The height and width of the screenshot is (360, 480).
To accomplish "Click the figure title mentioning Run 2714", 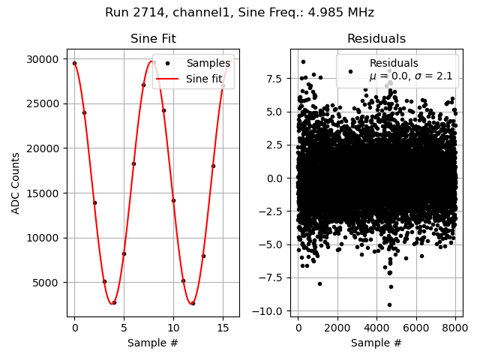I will (x=239, y=13).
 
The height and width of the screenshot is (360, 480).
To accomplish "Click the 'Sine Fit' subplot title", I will (x=153, y=39).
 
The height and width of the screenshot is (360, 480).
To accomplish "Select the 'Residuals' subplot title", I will (x=376, y=39).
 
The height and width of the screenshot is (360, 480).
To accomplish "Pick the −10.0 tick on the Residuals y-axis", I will (x=271, y=311).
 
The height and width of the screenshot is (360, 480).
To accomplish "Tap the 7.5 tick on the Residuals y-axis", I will (x=277, y=78).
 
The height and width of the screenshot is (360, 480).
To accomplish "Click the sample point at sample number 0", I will (x=74, y=63).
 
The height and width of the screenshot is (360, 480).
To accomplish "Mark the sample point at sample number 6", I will (x=133, y=163).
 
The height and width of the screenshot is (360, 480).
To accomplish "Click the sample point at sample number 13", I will (x=203, y=256).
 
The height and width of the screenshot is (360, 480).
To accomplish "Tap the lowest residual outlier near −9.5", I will (x=389, y=304).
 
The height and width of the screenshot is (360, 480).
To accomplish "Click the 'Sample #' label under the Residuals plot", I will (x=376, y=343).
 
